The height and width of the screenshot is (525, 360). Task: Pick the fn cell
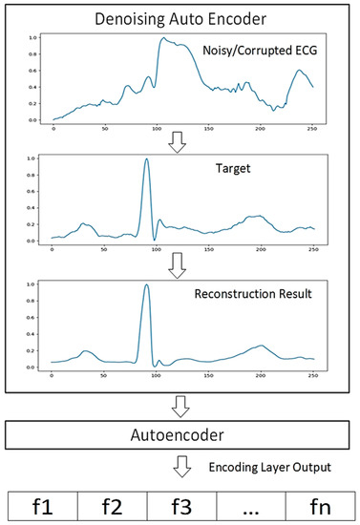[320, 502]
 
